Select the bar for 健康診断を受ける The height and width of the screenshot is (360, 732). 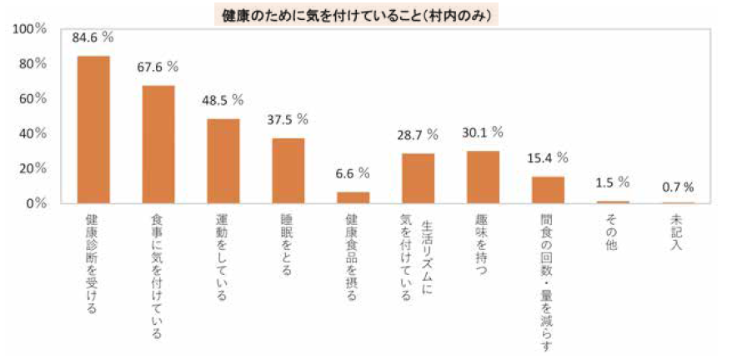[x=93, y=129]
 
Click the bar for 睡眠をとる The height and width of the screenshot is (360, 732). [x=288, y=171]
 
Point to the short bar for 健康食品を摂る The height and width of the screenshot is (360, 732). [x=353, y=197]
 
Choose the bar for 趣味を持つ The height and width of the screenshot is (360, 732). [x=484, y=177]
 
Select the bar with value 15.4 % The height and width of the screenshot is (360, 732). [x=549, y=190]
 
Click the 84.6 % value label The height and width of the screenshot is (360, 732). [x=93, y=37]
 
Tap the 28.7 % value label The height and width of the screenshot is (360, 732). [x=419, y=134]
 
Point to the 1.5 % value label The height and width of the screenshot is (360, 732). [x=612, y=182]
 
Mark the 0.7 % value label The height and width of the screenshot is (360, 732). [x=678, y=187]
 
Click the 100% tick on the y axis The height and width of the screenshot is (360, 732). [x=31, y=29]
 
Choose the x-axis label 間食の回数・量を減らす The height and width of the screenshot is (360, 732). [x=547, y=283]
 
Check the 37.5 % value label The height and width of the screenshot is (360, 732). [x=288, y=119]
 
